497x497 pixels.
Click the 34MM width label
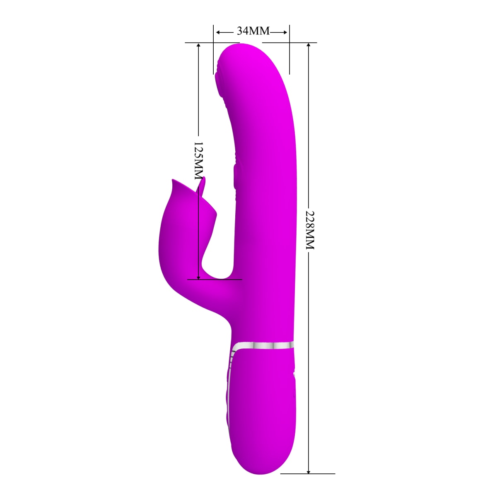pyautogui.click(x=253, y=31)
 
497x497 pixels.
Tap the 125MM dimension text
pyautogui.click(x=199, y=161)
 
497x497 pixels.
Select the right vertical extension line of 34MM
pyautogui.click(x=289, y=50)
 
